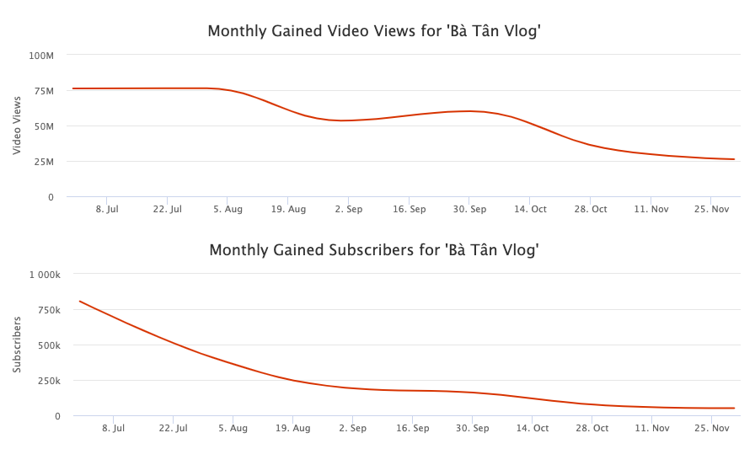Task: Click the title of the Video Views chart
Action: click(x=374, y=32)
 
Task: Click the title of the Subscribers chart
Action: click(x=374, y=250)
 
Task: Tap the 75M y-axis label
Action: click(x=42, y=91)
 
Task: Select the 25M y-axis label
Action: click(x=42, y=162)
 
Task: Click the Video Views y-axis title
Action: click(x=17, y=126)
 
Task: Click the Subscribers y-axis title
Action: click(x=17, y=345)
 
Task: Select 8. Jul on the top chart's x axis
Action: click(x=107, y=209)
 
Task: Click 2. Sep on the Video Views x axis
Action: click(x=349, y=209)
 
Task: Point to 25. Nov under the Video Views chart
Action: click(x=711, y=209)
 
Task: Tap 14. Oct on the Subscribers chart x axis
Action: click(x=533, y=428)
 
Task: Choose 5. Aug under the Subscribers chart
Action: click(x=233, y=428)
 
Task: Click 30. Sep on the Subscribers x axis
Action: click(x=472, y=428)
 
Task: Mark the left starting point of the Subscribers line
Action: click(x=79, y=301)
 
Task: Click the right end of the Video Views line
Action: click(x=735, y=159)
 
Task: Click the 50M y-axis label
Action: click(x=42, y=126)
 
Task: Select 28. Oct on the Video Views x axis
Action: click(x=591, y=209)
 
